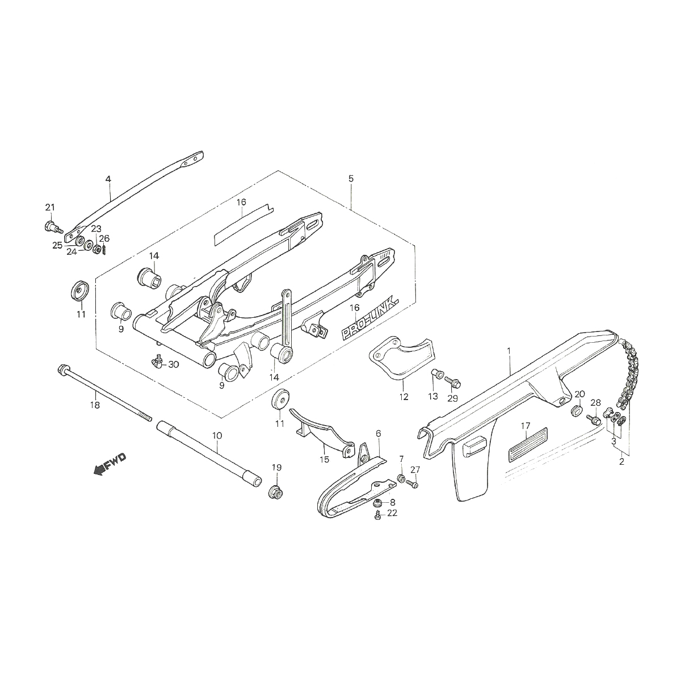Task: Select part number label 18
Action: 95,405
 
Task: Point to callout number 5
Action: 351,179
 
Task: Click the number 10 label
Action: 217,435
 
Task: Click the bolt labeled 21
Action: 51,226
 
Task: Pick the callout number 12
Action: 403,397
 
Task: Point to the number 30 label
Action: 173,364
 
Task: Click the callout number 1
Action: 508,351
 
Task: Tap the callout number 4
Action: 108,179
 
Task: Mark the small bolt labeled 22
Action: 378,515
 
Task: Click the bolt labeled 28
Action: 594,419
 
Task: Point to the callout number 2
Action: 621,461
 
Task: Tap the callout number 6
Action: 379,434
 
